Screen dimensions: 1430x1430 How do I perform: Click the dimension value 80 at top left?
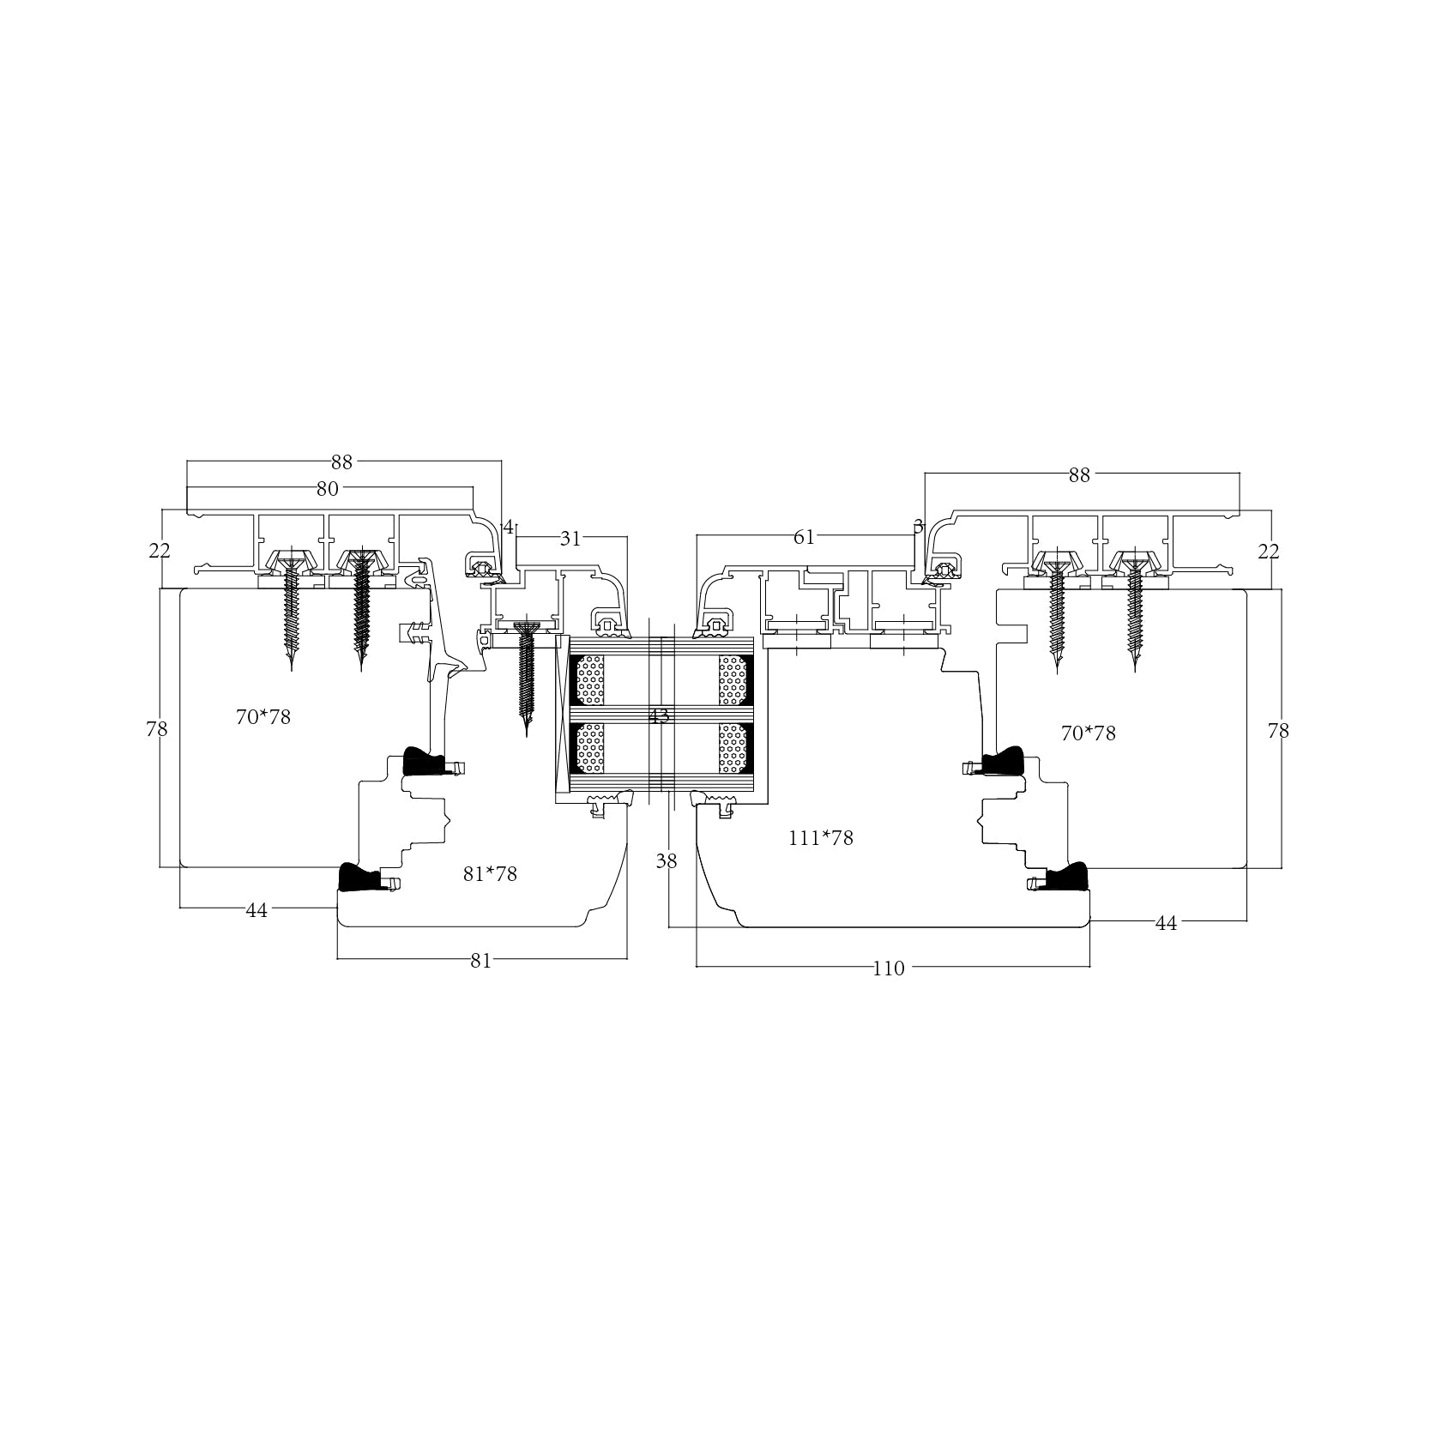[x=328, y=489]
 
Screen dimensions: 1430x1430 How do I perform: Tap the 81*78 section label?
[x=490, y=874]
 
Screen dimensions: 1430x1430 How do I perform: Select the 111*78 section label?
[x=821, y=838]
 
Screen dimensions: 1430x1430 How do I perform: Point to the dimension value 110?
[x=889, y=968]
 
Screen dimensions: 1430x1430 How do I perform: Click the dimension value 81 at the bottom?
[x=481, y=961]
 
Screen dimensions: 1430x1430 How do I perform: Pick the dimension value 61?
[x=804, y=538]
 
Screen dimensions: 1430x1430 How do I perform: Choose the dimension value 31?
[x=570, y=539]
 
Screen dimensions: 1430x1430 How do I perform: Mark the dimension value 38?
[x=667, y=861]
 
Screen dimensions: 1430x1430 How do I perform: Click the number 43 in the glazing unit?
[x=659, y=716]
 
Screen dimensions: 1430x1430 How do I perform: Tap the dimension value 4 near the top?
[x=508, y=527]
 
